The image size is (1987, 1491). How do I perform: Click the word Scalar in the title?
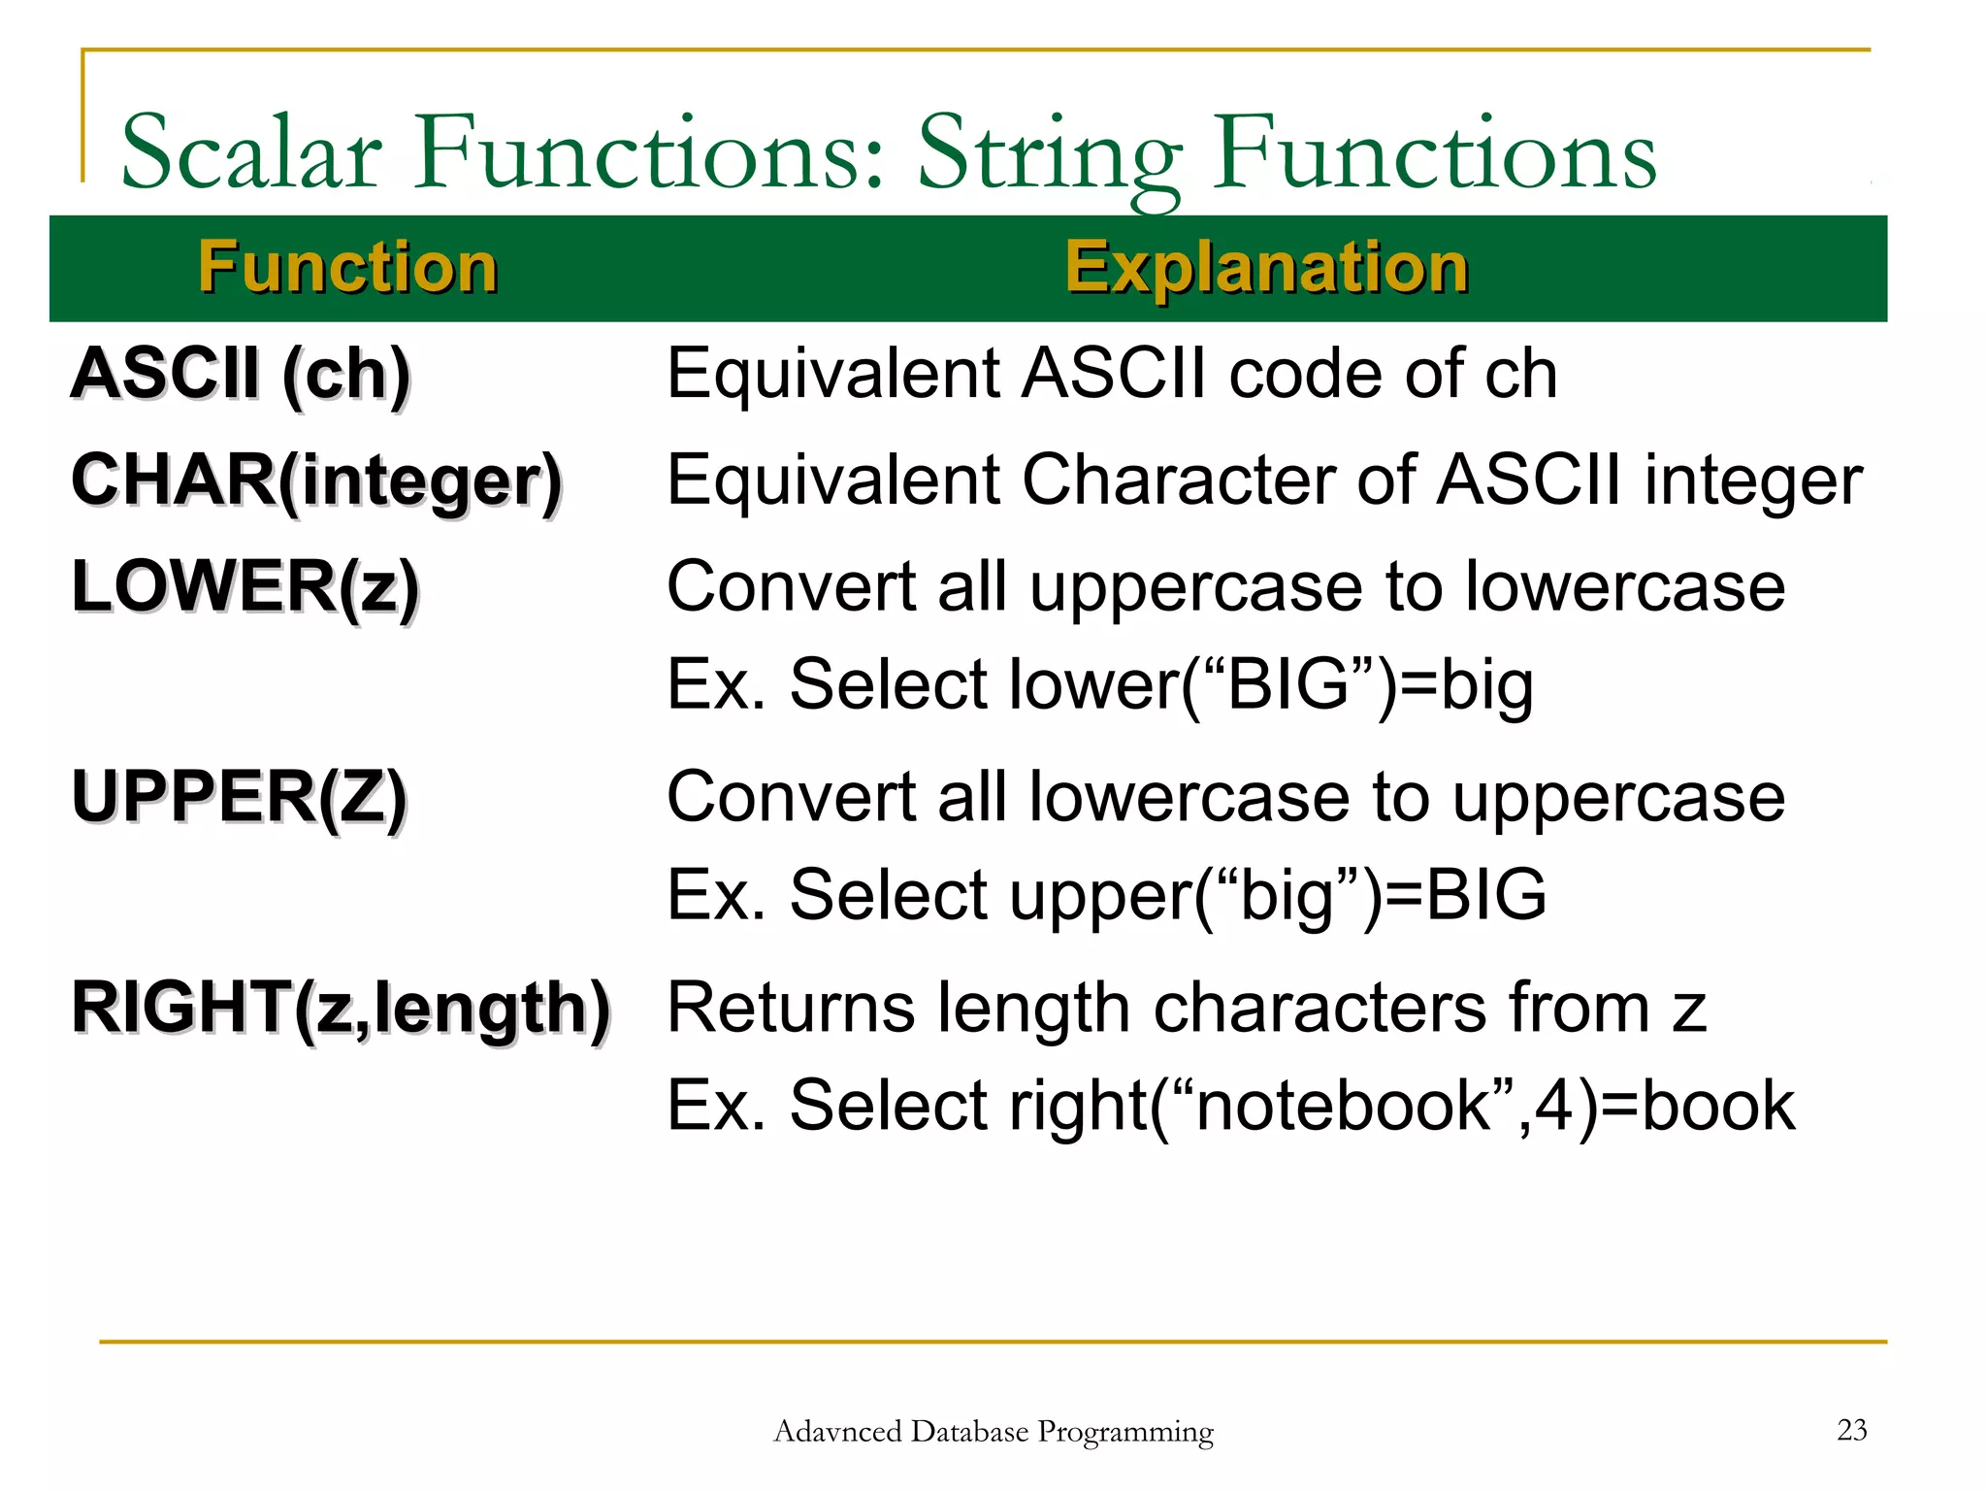pyautogui.click(x=251, y=153)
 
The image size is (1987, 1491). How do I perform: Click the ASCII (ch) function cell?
pyautogui.click(x=241, y=374)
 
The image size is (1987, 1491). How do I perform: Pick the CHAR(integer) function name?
pyautogui.click(x=316, y=480)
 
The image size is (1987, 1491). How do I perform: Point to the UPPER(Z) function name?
pyautogui.click(x=239, y=797)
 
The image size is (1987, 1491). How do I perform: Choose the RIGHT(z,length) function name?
pyautogui.click(x=341, y=1009)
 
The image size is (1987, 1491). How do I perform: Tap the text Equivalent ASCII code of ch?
pyautogui.click(x=1111, y=374)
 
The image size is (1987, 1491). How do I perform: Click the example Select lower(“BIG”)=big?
pyautogui.click(x=1160, y=685)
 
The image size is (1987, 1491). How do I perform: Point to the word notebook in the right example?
pyautogui.click(x=1343, y=1106)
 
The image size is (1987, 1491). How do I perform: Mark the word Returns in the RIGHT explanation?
pyautogui.click(x=791, y=1009)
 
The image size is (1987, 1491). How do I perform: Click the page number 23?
pyautogui.click(x=1851, y=1430)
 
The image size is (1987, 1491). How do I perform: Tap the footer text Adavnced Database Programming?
pyautogui.click(x=993, y=1432)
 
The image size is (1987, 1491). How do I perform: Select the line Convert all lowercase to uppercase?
pyautogui.click(x=1224, y=797)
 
